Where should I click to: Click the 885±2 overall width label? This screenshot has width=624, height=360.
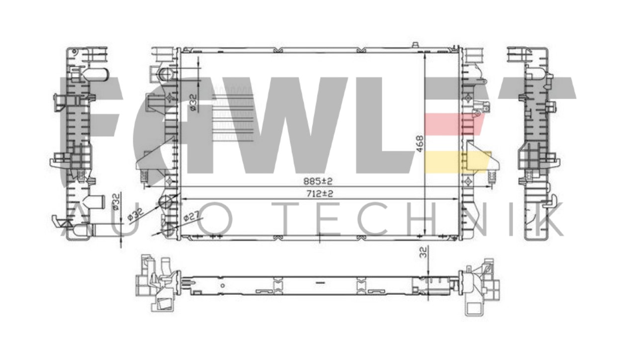pos(318,181)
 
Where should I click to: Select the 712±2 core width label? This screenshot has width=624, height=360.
pos(320,193)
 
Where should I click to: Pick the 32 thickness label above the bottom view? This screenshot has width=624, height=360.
pos(424,253)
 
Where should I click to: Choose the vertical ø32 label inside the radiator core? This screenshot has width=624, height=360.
pos(193,102)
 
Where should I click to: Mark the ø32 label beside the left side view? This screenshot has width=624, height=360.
pos(116,201)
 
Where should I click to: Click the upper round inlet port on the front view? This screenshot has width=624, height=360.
pos(166,73)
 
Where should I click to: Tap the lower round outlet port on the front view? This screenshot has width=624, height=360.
pos(165,201)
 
